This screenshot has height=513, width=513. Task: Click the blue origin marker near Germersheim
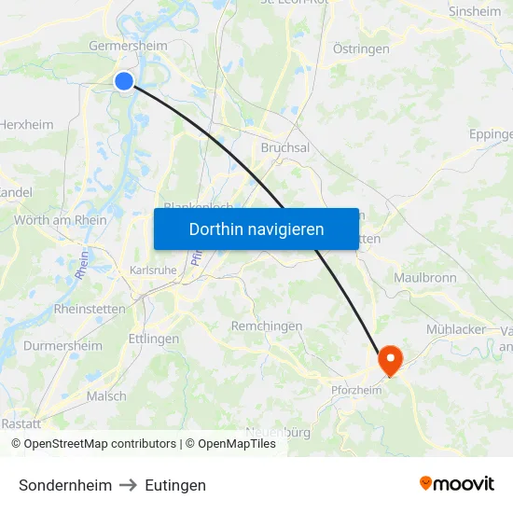[x=123, y=81]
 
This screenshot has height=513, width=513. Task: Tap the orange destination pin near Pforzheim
[x=388, y=359]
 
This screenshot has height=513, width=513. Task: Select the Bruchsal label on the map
[x=284, y=147]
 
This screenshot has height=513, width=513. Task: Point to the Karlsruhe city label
[x=151, y=270]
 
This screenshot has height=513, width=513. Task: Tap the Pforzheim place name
[x=356, y=390]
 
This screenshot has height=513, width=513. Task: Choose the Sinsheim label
[x=474, y=11]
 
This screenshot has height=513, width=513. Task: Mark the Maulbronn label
[x=424, y=278]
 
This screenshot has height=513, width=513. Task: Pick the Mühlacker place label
[x=456, y=329]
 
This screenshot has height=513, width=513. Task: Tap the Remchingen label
[x=267, y=326]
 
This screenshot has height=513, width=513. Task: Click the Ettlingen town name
[x=153, y=339]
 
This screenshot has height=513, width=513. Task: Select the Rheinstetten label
[x=90, y=309]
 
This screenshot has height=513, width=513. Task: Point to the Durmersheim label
[x=62, y=345]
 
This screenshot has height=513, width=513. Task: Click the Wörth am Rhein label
[x=61, y=220]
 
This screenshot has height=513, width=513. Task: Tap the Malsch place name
[x=106, y=395]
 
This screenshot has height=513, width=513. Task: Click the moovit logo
[x=456, y=483]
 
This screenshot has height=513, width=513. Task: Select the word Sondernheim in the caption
[x=65, y=485]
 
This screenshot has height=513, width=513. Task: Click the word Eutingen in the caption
[x=175, y=485]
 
